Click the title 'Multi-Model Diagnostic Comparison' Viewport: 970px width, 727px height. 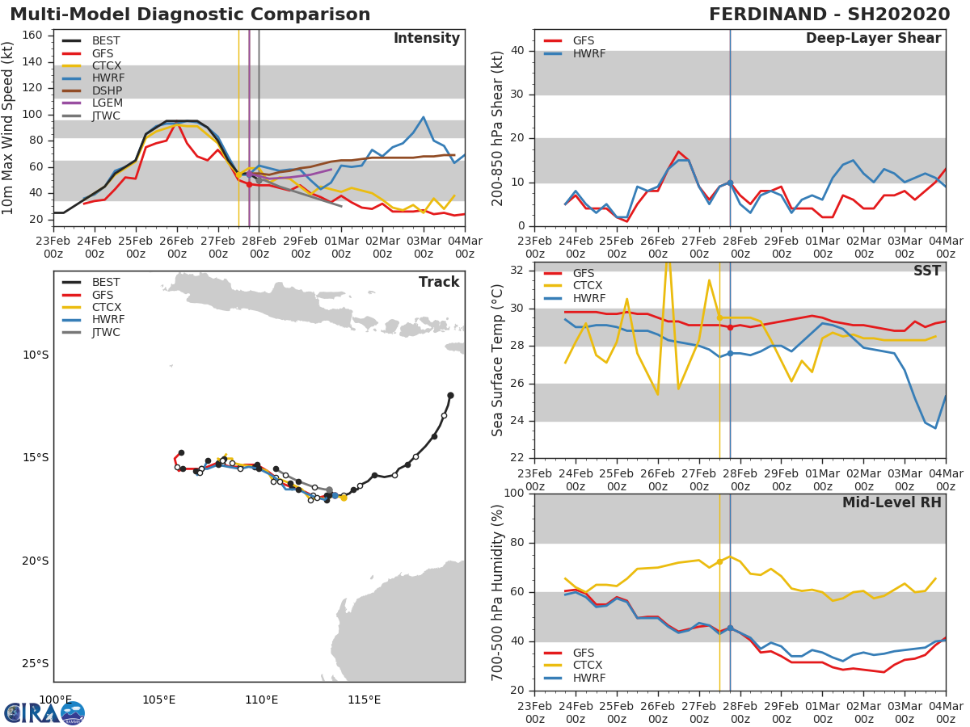[x=190, y=15]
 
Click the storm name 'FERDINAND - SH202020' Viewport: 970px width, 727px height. [x=829, y=15]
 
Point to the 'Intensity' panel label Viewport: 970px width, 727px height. [x=426, y=39]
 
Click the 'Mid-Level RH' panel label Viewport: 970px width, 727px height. [x=892, y=502]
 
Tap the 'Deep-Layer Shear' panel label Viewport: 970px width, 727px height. [x=873, y=39]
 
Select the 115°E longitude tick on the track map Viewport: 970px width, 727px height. [x=364, y=700]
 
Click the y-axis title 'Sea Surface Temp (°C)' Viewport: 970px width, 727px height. [x=498, y=359]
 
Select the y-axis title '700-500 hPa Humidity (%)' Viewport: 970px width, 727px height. [x=498, y=592]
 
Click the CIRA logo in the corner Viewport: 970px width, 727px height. [x=44, y=712]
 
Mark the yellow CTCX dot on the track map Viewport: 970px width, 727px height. [x=344, y=498]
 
